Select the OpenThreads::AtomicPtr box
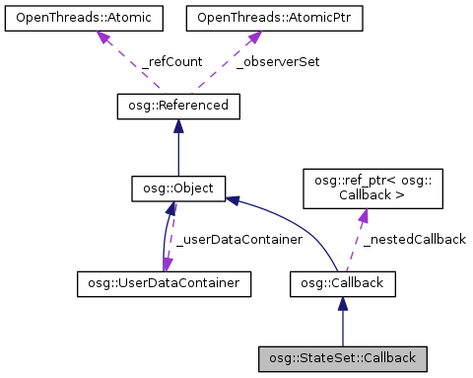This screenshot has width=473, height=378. click(246, 18)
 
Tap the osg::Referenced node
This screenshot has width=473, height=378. click(177, 106)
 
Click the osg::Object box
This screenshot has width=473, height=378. click(177, 187)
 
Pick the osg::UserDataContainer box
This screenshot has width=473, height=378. click(164, 284)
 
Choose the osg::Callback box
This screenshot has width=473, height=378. click(342, 284)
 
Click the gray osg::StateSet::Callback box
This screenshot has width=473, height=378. click(342, 357)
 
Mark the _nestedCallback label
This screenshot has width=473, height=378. click(414, 240)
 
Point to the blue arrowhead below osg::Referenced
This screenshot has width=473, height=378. click(177, 125)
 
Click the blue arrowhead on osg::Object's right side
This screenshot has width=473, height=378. click(233, 199)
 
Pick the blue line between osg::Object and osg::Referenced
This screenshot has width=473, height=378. click(177, 153)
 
